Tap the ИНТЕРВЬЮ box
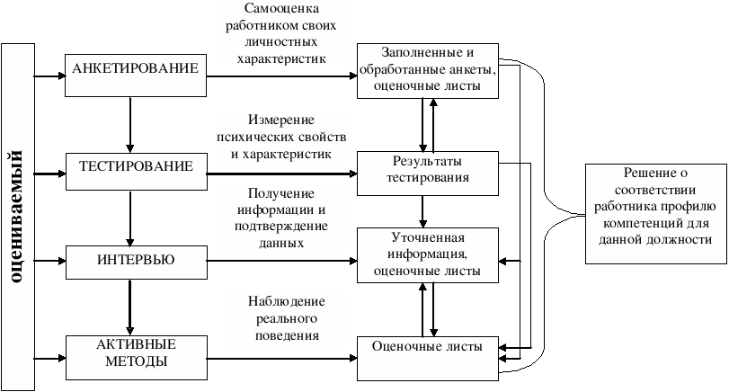136,261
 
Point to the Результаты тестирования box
428,173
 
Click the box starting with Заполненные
428,69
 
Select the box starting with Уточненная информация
428,254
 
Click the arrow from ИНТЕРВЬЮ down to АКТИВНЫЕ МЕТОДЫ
131,306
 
